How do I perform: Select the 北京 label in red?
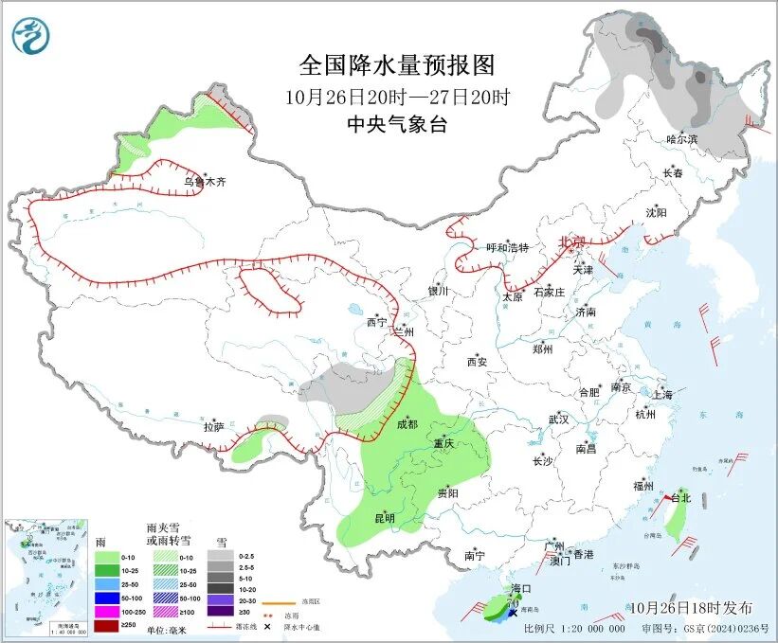572,242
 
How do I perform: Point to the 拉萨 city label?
213,427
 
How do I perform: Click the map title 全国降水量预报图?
397,65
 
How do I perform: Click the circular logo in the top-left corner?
30,36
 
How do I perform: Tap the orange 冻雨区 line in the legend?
276,601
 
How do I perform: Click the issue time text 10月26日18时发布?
691,607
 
